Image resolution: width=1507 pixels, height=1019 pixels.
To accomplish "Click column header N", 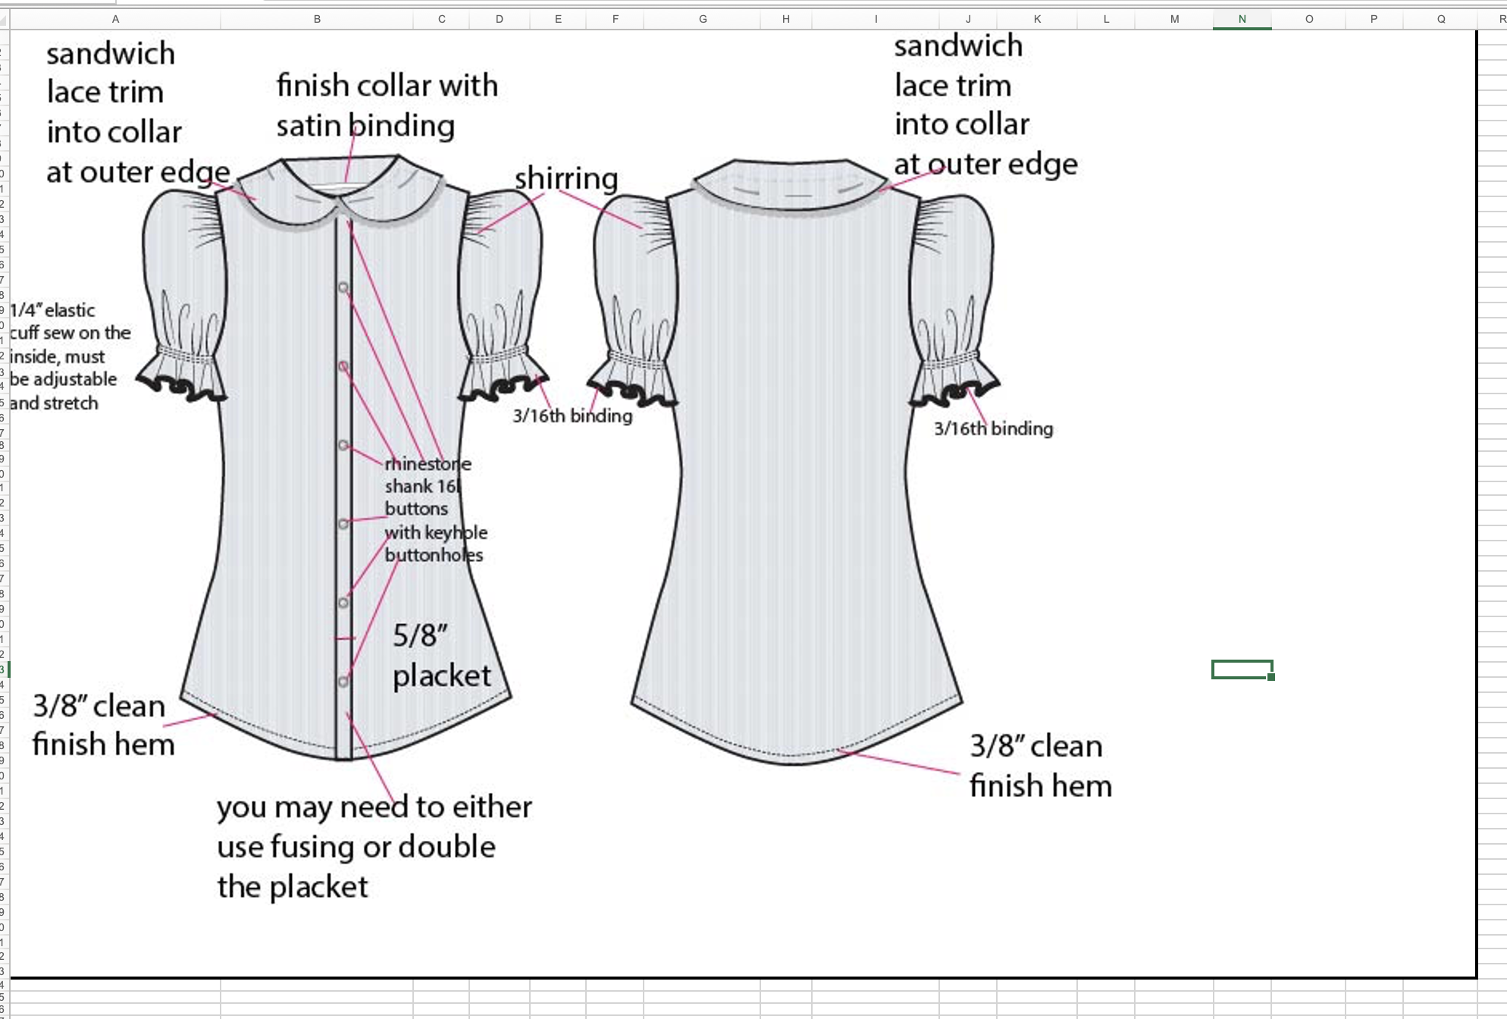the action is point(1242,19).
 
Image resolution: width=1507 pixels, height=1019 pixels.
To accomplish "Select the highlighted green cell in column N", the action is point(1242,669).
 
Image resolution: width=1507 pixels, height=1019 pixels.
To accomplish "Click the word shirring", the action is point(566,179).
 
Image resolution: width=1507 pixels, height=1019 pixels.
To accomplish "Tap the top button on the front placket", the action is point(343,288).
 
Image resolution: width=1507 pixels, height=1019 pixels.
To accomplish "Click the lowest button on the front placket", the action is point(343,682).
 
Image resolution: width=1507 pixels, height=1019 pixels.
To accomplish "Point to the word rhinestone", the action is point(428,463).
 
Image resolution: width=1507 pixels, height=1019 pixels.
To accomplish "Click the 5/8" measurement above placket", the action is point(420,635).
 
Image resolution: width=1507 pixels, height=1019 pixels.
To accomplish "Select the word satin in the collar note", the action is point(308,126).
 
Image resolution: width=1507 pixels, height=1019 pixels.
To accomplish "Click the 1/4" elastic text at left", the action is point(52,310).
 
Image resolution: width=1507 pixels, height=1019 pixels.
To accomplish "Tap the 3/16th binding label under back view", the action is point(993,428).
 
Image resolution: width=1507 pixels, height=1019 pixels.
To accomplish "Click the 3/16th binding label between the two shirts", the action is point(572,415).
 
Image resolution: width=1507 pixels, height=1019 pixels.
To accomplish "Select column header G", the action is point(703,19).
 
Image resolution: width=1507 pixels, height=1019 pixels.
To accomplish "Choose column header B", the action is point(317,19).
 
